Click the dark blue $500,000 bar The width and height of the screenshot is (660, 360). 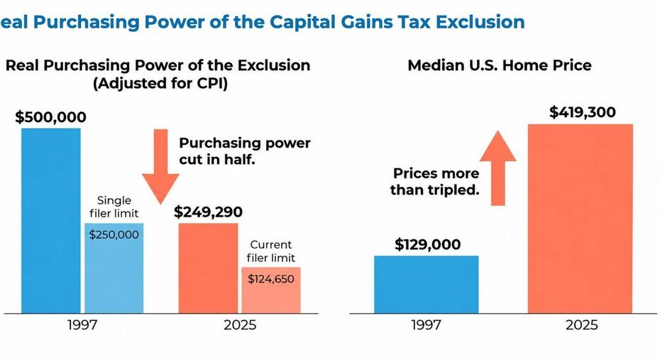[x=51, y=221]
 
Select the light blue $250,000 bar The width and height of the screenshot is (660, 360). [x=114, y=268]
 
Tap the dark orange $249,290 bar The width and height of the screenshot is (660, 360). [x=209, y=268]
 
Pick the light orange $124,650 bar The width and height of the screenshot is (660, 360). [x=271, y=290]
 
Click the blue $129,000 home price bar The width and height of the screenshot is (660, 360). [x=427, y=285]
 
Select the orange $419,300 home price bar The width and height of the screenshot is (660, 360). [x=581, y=219]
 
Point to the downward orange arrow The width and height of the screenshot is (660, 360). [x=160, y=167]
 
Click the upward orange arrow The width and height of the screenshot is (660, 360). [x=498, y=168]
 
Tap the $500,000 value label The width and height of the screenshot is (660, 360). [x=50, y=117]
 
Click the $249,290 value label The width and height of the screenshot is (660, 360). [x=209, y=212]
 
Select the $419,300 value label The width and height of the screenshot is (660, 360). [x=583, y=112]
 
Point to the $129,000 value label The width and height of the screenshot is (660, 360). [x=428, y=244]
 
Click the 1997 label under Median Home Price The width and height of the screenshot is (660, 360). [x=426, y=325]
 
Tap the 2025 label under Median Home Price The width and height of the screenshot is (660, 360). [x=582, y=325]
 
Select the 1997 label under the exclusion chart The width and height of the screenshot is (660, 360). [x=82, y=325]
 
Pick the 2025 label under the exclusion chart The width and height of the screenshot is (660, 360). [x=240, y=325]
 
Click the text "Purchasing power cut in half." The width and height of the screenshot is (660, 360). [x=245, y=151]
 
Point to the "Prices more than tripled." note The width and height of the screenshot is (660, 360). [x=435, y=182]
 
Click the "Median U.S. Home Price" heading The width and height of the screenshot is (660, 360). [x=500, y=65]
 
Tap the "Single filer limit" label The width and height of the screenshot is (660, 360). [x=114, y=207]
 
